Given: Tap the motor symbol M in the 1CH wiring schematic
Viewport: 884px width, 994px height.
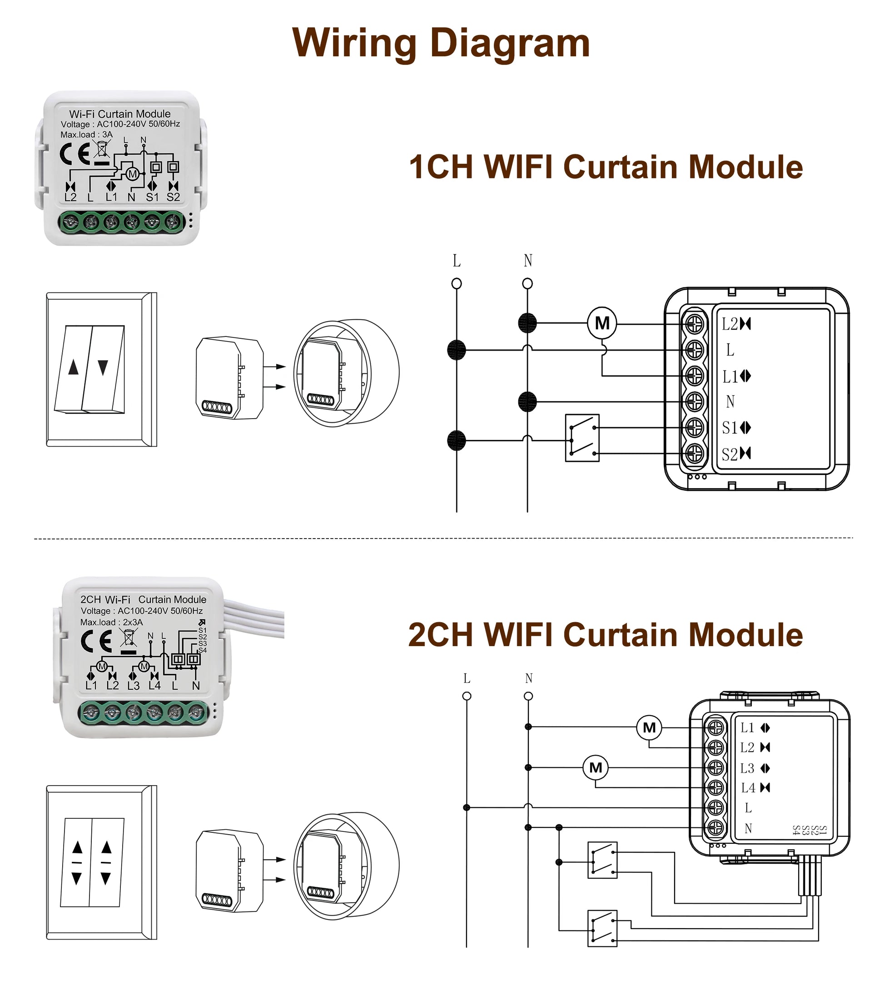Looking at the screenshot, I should [602, 323].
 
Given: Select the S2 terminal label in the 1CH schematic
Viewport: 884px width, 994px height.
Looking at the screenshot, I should [730, 454].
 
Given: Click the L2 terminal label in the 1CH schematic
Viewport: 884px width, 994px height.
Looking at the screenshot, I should [730, 324].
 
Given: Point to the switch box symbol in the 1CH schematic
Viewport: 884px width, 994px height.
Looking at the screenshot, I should [582, 438].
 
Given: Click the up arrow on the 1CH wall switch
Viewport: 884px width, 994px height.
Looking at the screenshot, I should [74, 367].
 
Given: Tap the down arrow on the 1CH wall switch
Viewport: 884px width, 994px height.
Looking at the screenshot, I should [103, 367].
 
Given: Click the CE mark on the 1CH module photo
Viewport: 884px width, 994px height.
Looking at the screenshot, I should [74, 155].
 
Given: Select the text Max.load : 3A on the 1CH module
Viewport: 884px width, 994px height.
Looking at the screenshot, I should [86, 135].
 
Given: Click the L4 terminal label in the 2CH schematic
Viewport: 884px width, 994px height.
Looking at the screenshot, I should [748, 787].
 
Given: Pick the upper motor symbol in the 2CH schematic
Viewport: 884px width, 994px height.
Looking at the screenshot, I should [649, 727].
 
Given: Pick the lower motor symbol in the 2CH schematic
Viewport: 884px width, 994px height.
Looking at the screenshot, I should [596, 767].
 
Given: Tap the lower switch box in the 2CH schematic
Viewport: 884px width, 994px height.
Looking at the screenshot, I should [602, 928].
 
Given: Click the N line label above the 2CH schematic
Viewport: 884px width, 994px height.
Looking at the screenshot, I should [529, 678].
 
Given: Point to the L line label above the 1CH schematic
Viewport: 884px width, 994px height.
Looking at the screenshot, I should [457, 261].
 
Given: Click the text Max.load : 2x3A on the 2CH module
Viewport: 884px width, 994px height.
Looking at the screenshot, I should [111, 622].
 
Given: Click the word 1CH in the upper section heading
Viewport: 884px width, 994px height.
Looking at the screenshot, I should [441, 167].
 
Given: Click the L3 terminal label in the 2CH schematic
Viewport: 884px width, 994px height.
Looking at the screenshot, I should [747, 768].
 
